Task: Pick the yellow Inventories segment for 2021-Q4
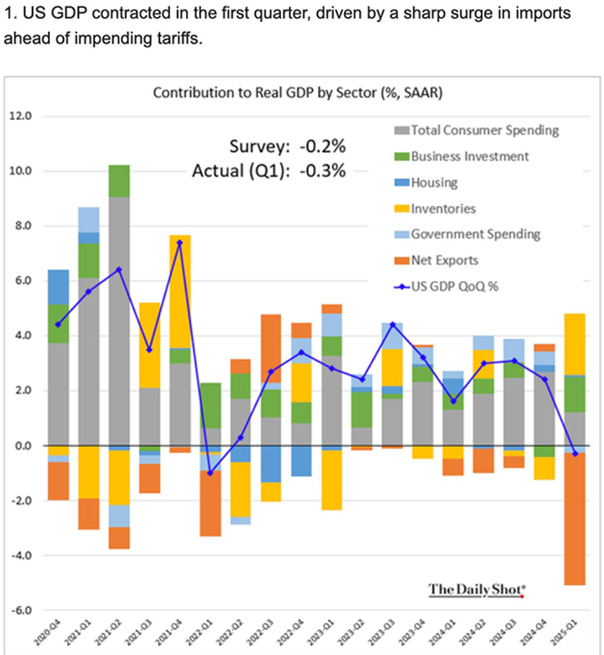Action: tap(180, 291)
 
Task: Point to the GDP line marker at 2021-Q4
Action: tap(180, 242)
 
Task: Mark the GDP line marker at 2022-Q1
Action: tap(210, 473)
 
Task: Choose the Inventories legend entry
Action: tap(443, 208)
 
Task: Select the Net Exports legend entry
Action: tap(444, 260)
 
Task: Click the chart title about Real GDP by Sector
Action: tap(297, 93)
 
